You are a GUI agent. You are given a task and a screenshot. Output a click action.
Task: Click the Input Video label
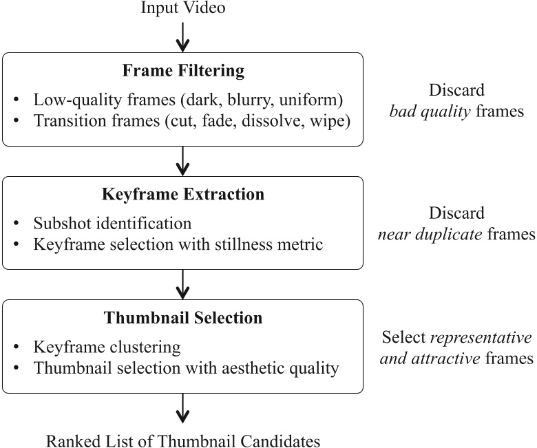click(x=182, y=9)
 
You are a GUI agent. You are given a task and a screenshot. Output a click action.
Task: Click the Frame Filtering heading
click(x=182, y=72)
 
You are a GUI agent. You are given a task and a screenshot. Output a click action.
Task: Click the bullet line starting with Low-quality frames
click(x=187, y=99)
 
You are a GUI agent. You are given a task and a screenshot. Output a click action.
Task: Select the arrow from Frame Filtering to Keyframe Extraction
click(x=182, y=160)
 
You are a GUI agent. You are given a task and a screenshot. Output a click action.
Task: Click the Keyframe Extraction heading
click(x=182, y=195)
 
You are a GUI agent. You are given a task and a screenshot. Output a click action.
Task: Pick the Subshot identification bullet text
click(x=112, y=223)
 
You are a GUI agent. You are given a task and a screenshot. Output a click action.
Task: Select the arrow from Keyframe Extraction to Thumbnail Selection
click(x=182, y=284)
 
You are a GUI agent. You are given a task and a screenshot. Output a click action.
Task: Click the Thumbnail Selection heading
click(x=182, y=318)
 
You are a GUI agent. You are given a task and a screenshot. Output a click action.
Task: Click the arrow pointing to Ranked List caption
click(x=182, y=407)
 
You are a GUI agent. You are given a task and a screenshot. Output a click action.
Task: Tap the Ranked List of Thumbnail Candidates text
click(x=182, y=439)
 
